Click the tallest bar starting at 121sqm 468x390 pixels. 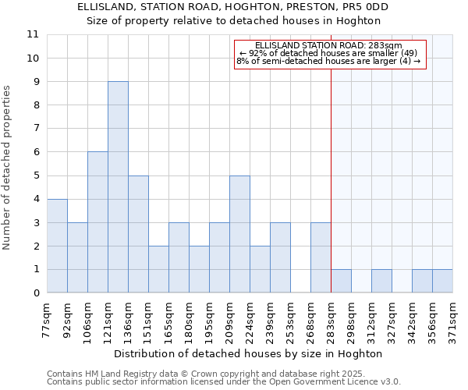click(118, 187)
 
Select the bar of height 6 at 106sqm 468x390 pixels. click(97, 222)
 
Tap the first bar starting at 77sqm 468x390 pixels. click(57, 246)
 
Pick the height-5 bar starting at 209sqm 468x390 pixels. click(239, 234)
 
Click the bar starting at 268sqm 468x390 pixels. click(321, 257)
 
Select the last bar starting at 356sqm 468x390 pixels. click(442, 281)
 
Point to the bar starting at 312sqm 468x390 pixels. click(381, 281)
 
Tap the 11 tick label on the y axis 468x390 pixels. click(33, 34)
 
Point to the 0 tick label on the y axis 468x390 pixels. click(36, 293)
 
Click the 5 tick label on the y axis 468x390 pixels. click(36, 175)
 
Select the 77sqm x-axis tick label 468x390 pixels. click(48, 318)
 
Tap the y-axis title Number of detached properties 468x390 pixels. click(8, 168)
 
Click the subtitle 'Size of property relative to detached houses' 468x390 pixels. click(234, 20)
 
